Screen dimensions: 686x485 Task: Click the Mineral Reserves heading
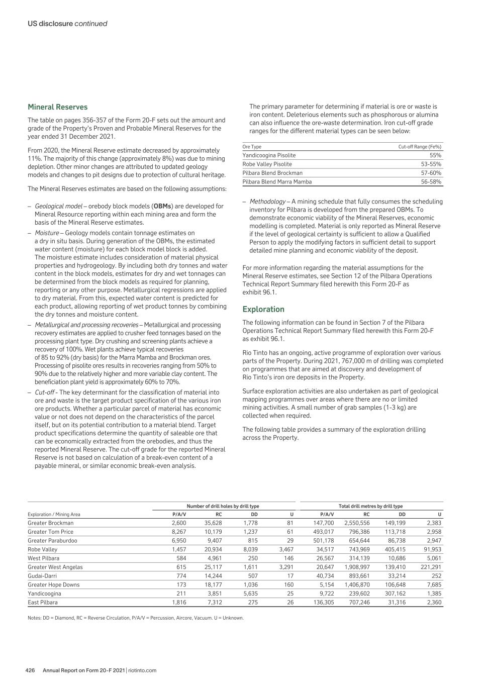pos(57,107)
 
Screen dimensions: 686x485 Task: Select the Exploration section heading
pos(263,309)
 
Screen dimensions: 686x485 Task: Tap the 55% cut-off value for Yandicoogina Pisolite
pos(435,155)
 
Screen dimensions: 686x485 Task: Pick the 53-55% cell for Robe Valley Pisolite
pos(431,164)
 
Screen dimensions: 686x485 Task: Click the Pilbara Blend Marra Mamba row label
pos(277,181)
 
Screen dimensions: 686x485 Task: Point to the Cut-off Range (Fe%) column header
pos(420,147)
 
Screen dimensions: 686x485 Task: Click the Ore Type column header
pos(252,147)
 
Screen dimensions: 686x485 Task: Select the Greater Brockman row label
pos(50,523)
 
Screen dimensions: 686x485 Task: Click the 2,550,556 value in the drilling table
pos(357,523)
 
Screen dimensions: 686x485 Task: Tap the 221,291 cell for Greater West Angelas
pos(431,567)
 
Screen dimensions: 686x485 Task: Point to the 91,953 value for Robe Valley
pos(432,549)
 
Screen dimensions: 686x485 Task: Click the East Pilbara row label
pos(43,602)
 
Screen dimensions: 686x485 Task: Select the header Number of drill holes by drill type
pos(223,506)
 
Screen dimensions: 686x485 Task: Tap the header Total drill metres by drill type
pos(371,506)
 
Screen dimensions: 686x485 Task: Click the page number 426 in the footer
pos(30,670)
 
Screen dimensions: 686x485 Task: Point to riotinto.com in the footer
pos(142,670)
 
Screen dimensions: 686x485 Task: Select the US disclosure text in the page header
pos(50,24)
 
